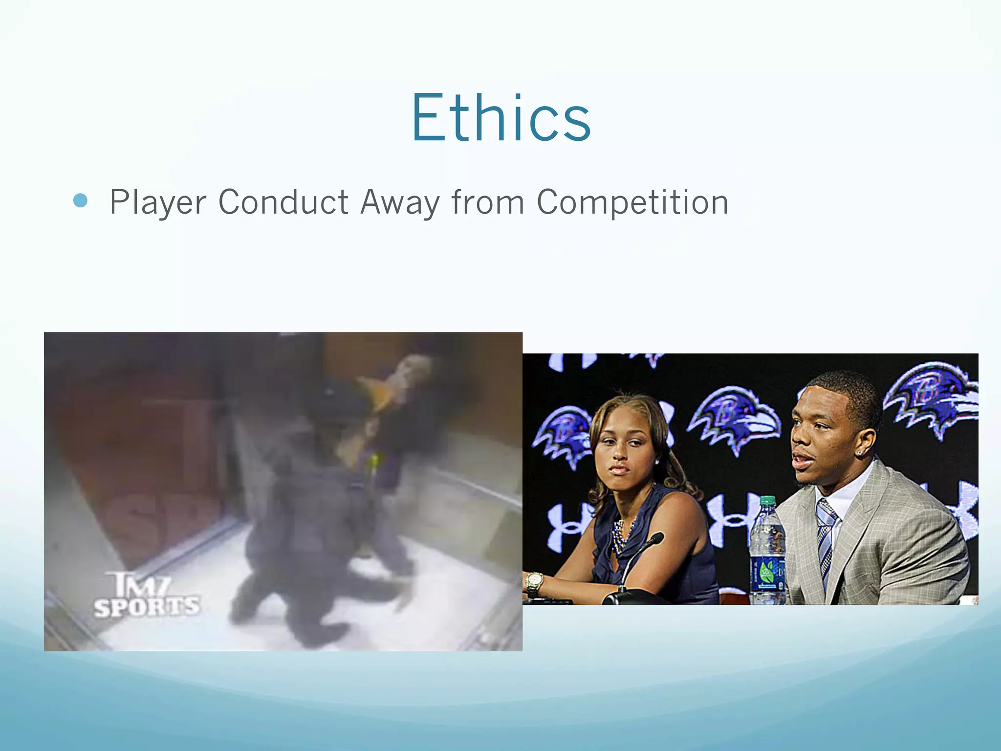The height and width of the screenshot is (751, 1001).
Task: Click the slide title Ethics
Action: pyautogui.click(x=501, y=119)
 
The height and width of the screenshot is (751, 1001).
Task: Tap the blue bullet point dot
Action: pyautogui.click(x=80, y=200)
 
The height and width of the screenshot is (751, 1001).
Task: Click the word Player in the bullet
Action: pyautogui.click(x=158, y=202)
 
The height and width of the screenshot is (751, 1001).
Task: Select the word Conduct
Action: pyautogui.click(x=283, y=202)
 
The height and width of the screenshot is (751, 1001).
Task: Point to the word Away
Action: pyautogui.click(x=399, y=202)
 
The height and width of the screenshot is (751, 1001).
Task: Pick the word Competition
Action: pyautogui.click(x=632, y=202)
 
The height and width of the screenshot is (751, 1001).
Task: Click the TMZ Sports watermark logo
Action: pyautogui.click(x=147, y=596)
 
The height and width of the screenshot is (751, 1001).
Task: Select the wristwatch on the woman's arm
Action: pyautogui.click(x=534, y=583)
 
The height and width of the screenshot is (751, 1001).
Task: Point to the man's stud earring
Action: pyautogui.click(x=859, y=453)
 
